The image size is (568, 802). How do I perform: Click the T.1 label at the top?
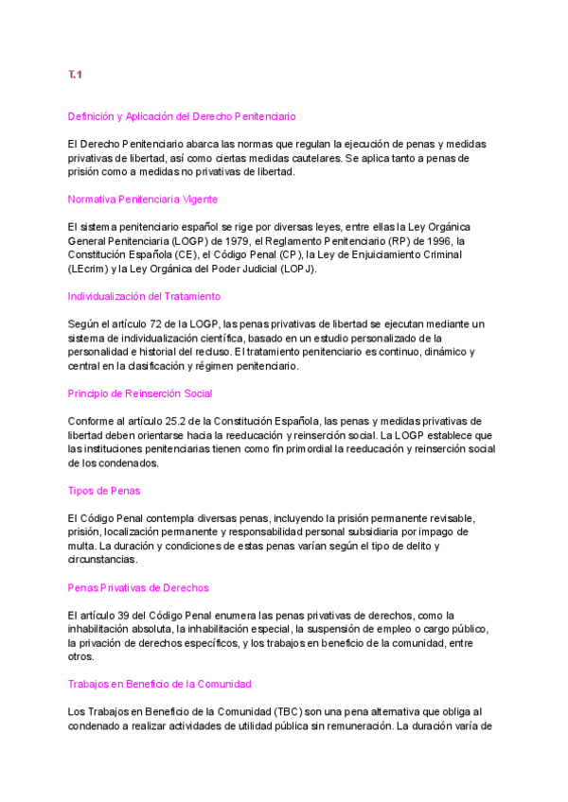point(75,75)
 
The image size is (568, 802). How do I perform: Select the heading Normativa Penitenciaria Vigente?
point(142,199)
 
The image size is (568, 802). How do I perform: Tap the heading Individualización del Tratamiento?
point(145,296)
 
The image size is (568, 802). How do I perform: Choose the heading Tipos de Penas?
point(104,490)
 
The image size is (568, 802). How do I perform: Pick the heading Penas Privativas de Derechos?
point(138,587)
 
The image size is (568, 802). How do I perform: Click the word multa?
point(81,546)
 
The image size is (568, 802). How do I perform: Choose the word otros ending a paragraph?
point(81,655)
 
